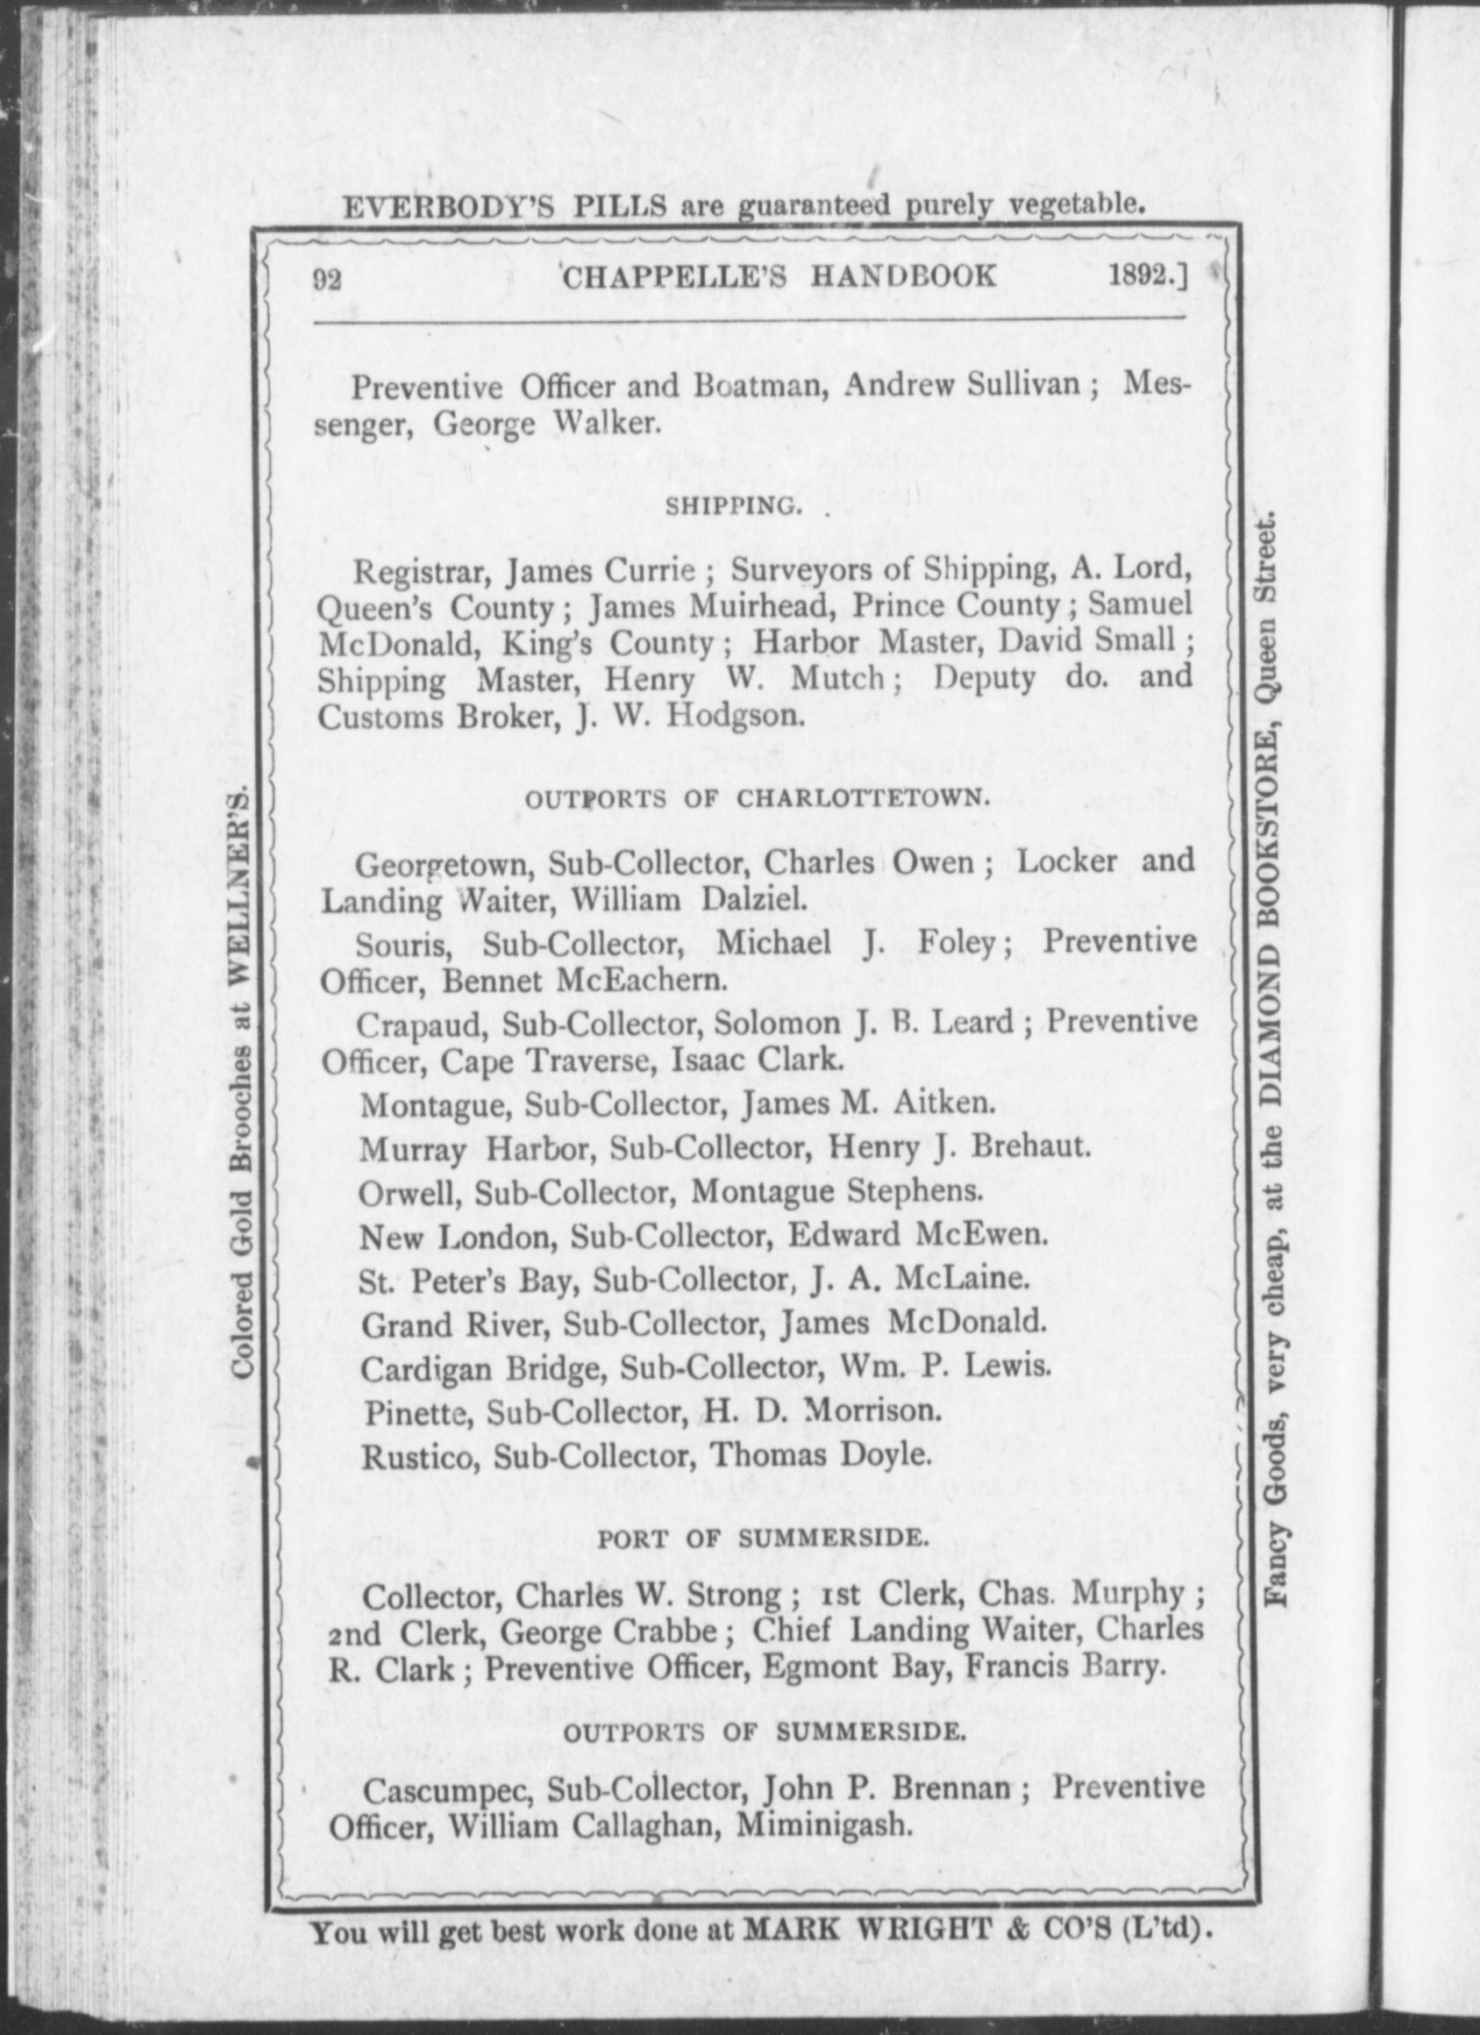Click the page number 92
[327, 279]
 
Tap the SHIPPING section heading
[731, 507]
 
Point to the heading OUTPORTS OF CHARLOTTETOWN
[757, 798]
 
